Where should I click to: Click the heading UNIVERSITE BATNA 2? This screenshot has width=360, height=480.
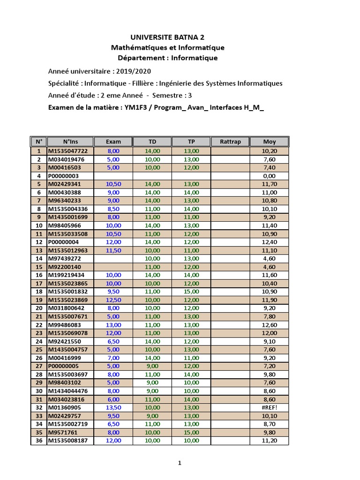(167, 37)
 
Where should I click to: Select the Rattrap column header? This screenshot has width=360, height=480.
(230, 142)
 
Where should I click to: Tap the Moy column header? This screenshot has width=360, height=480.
(269, 142)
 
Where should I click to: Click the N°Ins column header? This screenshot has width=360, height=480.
(71, 142)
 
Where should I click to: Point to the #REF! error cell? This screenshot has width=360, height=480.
(269, 407)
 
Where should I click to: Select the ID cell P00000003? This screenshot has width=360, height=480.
(63, 176)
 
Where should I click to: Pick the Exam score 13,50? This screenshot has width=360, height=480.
(113, 407)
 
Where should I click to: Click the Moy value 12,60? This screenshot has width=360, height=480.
(269, 325)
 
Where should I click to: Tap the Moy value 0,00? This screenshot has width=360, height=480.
(269, 176)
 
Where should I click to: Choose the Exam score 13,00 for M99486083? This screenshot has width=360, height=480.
(113, 325)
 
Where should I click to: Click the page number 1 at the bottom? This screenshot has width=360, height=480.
(180, 463)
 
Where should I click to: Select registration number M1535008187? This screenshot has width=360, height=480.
(68, 441)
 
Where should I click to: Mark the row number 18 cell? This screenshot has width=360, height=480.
(38, 292)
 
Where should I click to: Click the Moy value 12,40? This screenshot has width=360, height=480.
(269, 242)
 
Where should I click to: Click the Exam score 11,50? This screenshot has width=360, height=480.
(113, 250)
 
